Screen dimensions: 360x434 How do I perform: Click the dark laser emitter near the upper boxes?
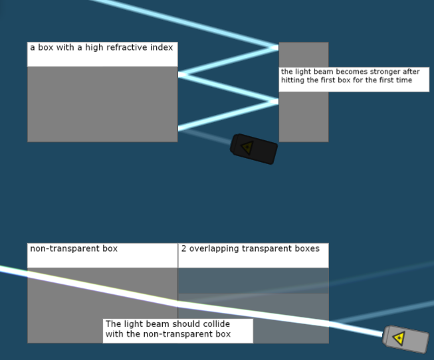[254, 149]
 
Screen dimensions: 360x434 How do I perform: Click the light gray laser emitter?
[406, 339]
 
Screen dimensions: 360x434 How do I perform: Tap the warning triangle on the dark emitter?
[247, 147]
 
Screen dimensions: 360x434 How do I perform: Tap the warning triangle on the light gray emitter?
[399, 339]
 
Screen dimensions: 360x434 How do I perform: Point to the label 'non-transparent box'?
[74, 248]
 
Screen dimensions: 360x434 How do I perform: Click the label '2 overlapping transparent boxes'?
[251, 248]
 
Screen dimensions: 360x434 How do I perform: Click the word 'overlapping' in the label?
[213, 248]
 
